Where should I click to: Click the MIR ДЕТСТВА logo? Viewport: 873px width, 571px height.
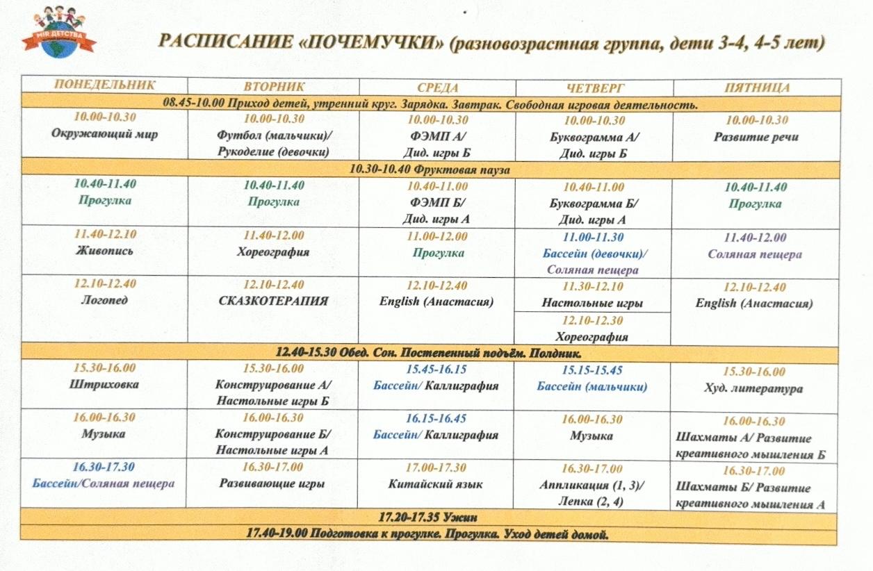coord(59,32)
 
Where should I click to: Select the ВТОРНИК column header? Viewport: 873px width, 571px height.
coord(275,86)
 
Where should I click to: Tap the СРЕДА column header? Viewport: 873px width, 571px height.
coord(438,87)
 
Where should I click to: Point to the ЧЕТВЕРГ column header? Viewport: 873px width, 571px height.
coord(595,88)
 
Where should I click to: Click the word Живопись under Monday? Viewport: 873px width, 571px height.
coord(104,251)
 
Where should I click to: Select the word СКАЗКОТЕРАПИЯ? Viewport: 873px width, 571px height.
coord(273,301)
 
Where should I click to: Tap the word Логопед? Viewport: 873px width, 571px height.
coord(104,301)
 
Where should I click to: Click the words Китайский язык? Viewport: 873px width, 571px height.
coord(436,484)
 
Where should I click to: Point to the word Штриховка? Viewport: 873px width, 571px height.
coord(104,384)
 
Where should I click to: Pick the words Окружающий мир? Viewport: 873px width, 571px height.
coord(104,134)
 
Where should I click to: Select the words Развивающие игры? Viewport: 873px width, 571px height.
coord(272,483)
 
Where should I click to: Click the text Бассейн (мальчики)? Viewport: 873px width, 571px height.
coord(592,387)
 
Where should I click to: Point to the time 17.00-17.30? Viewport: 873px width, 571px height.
coord(436,467)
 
